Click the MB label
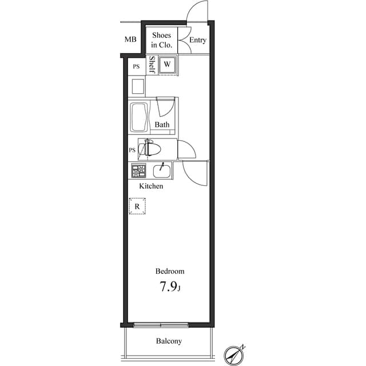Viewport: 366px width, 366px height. pos(130,39)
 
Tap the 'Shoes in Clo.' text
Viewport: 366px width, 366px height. pos(161,40)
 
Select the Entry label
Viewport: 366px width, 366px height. pos(198,40)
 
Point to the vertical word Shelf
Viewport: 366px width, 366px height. pos(152,65)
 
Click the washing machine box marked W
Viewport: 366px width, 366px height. pos(167,64)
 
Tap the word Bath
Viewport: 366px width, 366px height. pos(162,125)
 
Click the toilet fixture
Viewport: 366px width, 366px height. pos(152,149)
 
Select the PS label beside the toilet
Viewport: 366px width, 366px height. pos(132,150)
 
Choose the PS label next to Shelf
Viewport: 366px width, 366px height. pos(136,67)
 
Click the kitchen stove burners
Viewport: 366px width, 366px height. pos(138,170)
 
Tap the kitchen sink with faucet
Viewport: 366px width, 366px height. pos(162,171)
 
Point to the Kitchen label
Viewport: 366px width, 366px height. pos(152,186)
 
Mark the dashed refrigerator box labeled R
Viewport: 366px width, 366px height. pos(137,206)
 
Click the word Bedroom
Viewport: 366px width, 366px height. pos(170,272)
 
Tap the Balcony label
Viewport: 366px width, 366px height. pos(169,341)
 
